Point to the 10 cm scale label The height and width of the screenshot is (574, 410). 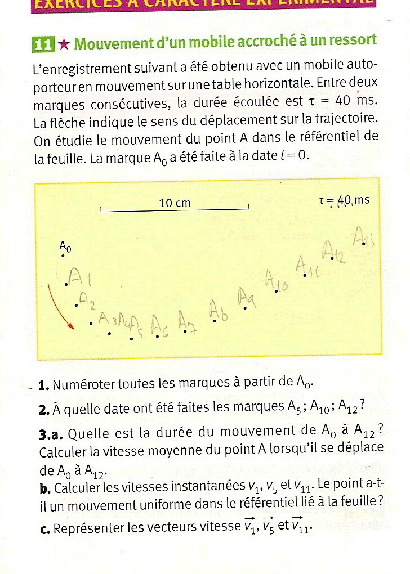pos(175,203)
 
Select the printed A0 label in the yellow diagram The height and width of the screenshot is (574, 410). pos(65,246)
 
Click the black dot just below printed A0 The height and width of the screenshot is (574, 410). pos(63,256)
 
